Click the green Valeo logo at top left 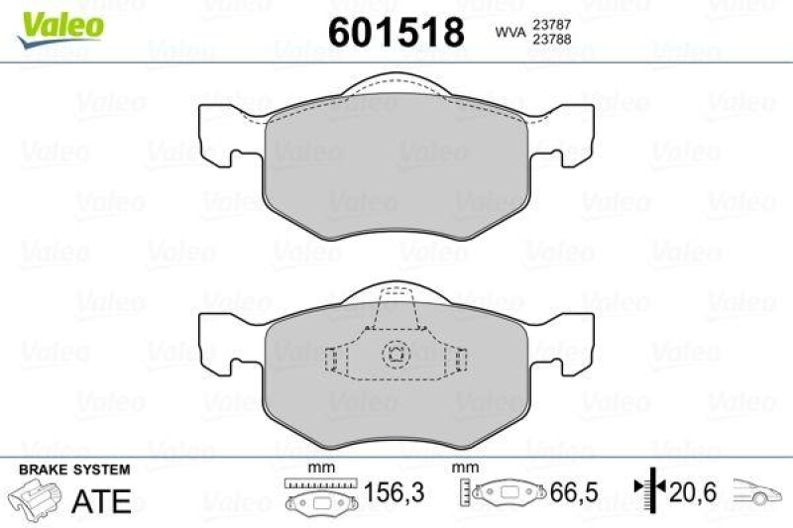click(x=58, y=23)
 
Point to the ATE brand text click(x=101, y=500)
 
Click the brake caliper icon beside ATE click(x=36, y=496)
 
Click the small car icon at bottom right click(x=758, y=491)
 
